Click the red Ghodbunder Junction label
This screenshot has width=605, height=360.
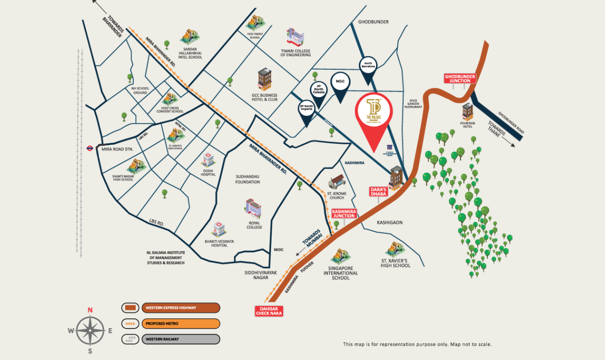click(460, 78)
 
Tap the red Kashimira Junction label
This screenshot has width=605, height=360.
click(343, 213)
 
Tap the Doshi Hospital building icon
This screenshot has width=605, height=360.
click(208, 160)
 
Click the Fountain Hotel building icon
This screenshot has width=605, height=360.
click(467, 111)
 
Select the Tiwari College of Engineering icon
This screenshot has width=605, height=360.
click(295, 37)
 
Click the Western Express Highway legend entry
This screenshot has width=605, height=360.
click(171, 308)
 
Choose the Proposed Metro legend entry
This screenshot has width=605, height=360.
click(171, 324)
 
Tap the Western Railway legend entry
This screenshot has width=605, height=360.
click(171, 339)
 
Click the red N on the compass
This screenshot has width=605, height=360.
click(90, 310)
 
